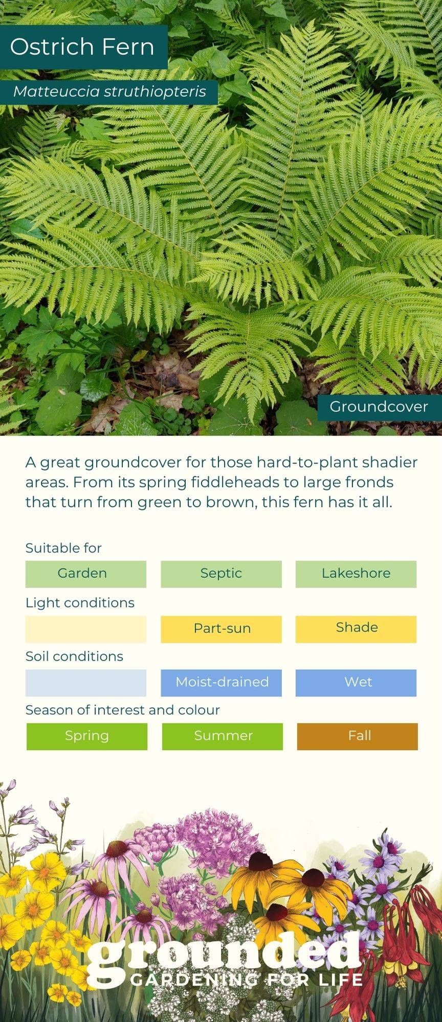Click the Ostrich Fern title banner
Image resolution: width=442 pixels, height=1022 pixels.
83,47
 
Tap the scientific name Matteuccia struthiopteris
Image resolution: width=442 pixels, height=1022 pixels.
109,92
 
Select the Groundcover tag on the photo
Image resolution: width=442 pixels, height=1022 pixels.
379,407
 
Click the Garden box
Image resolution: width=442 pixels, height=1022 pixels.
86,574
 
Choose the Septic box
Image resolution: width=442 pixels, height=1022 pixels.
221,574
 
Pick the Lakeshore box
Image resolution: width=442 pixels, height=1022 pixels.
356,574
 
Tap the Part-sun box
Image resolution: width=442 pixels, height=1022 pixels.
221,629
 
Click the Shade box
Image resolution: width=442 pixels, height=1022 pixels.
356,629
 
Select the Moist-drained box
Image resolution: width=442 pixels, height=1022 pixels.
221,683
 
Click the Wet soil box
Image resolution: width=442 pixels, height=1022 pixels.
356,683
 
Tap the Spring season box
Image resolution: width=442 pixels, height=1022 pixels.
87,736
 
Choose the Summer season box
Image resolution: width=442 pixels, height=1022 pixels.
223,736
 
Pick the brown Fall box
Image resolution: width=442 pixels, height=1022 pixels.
358,736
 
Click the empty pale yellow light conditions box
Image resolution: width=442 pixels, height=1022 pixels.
86,629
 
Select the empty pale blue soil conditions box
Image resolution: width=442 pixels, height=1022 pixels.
86,683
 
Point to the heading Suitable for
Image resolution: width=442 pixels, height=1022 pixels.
63,548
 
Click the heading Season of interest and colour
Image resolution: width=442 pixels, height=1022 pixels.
123,710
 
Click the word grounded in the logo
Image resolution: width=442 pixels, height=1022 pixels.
224,957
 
